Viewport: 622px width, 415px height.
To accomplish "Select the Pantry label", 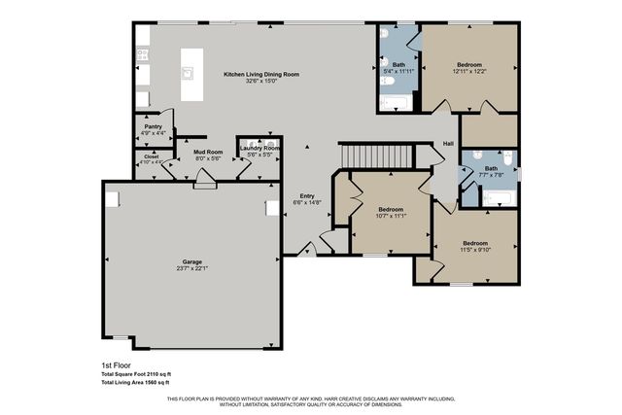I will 153,126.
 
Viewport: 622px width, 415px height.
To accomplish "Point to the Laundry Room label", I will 259,148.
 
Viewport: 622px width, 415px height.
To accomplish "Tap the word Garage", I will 192,260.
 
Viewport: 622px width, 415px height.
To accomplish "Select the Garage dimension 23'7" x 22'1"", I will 192,268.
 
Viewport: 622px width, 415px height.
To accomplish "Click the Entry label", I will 307,195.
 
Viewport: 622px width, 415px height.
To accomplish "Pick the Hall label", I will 448,144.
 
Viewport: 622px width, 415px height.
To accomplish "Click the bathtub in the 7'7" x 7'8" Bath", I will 497,199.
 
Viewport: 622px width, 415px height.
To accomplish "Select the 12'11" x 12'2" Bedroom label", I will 468,63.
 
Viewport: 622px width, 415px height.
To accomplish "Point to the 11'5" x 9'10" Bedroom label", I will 475,243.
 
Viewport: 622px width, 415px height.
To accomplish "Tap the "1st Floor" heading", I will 115,364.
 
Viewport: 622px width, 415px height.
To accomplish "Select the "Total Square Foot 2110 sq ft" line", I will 135,373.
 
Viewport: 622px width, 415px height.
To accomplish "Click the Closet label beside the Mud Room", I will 151,156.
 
